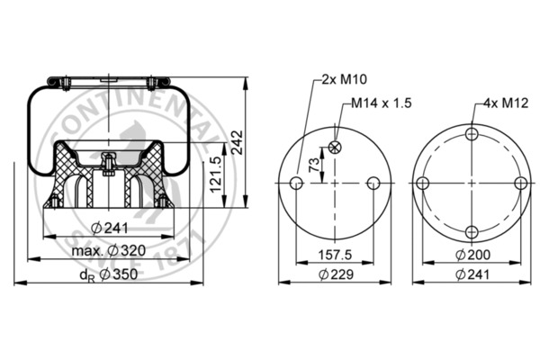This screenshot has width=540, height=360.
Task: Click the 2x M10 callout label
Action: pyautogui.click(x=345, y=79)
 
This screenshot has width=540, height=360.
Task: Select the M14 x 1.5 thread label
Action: pyautogui.click(x=382, y=103)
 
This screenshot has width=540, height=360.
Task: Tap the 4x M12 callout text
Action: pyautogui.click(x=506, y=103)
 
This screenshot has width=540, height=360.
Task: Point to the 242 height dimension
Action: pyautogui.click(x=237, y=142)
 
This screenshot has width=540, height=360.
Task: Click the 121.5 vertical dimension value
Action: pyautogui.click(x=216, y=175)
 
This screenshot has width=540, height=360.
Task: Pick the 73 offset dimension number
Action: pyautogui.click(x=314, y=165)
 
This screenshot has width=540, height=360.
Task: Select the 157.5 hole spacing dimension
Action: pyautogui.click(x=335, y=255)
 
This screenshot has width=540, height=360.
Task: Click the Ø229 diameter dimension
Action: pyautogui.click(x=336, y=274)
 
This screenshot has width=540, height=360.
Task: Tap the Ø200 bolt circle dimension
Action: pyautogui.click(x=472, y=255)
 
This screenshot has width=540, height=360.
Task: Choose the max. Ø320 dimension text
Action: pyautogui.click(x=109, y=250)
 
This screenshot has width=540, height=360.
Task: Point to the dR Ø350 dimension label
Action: pyautogui.click(x=109, y=274)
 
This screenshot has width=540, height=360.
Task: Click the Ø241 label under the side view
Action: pyautogui.click(x=110, y=228)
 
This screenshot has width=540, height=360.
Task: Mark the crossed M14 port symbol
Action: pyautogui.click(x=335, y=148)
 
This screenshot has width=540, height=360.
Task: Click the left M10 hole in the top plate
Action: pyautogui.click(x=296, y=183)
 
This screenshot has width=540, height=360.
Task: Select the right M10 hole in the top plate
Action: pyautogui.click(x=373, y=183)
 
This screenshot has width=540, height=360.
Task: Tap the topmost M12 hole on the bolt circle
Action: pyautogui.click(x=472, y=134)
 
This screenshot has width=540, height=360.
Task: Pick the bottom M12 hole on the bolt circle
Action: pyautogui.click(x=472, y=232)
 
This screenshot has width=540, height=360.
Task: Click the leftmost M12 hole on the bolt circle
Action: pyautogui.click(x=423, y=183)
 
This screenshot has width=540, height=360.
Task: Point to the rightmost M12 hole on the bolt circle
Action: pyautogui.click(x=521, y=183)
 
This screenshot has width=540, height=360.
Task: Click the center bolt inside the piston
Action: pyautogui.click(x=109, y=165)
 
